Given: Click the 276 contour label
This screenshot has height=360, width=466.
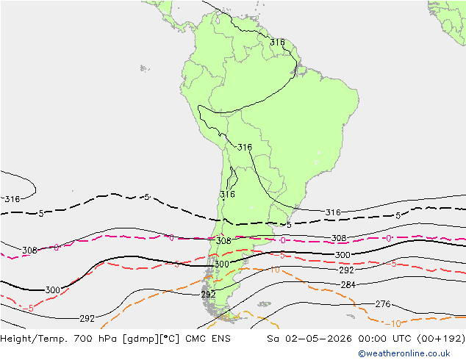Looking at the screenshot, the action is [x=382, y=304].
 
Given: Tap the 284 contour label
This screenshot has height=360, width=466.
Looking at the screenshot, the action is [x=348, y=285].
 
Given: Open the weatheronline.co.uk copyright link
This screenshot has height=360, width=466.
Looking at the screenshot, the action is [x=404, y=353].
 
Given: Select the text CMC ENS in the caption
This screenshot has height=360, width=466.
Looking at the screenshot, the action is [x=208, y=338].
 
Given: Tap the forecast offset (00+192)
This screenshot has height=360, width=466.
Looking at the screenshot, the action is [x=441, y=338].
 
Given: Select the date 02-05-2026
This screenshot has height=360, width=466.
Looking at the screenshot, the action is [x=318, y=338].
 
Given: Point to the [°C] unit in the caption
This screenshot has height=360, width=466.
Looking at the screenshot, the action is [x=170, y=339].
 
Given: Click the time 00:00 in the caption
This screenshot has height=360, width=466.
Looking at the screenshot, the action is [x=372, y=338].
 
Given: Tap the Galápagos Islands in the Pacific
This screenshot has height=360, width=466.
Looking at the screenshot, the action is [x=145, y=68].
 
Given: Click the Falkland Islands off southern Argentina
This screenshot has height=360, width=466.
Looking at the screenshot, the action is [x=264, y=304].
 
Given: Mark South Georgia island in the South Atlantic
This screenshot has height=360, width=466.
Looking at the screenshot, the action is [x=351, y=317].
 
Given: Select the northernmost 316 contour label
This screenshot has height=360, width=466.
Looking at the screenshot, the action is [x=277, y=43].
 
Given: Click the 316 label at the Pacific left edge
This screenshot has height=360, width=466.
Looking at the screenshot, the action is [x=12, y=199].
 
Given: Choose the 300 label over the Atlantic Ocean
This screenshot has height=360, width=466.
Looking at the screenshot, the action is [x=343, y=255].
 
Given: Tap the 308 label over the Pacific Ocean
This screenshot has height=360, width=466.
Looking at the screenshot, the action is [x=29, y=251].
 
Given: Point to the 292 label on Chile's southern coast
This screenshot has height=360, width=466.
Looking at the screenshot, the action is [x=208, y=295].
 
